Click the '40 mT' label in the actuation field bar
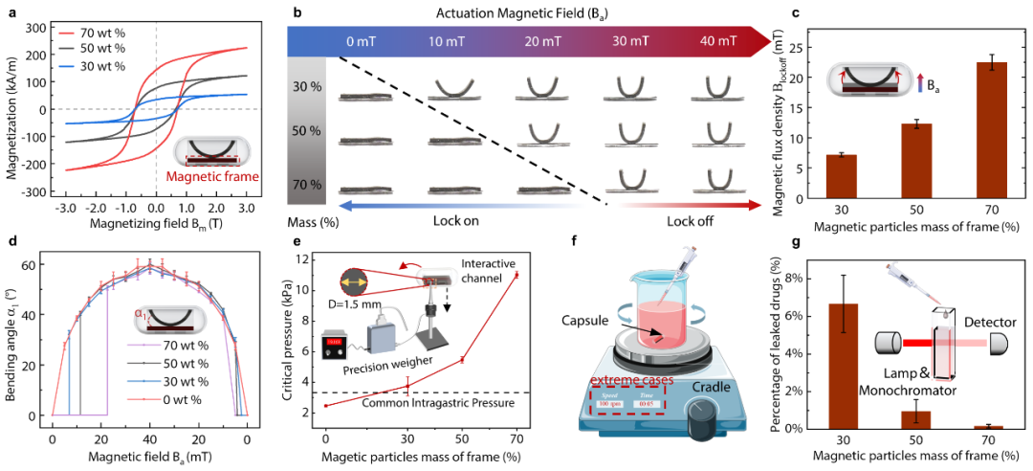(x=718, y=41)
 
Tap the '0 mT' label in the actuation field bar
(x=359, y=41)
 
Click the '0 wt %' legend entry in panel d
(x=189, y=392)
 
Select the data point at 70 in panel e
(x=516, y=275)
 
